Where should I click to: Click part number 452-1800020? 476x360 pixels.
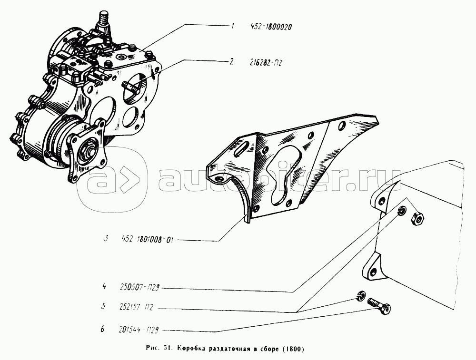point(271,27)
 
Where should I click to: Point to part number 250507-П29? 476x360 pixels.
point(139,287)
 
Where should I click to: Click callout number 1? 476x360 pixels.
point(232,26)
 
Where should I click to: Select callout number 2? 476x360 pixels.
point(232,62)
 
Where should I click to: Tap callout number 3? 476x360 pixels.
point(105,238)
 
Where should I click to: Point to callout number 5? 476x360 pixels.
point(103,307)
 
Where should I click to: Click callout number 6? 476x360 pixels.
point(103,329)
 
